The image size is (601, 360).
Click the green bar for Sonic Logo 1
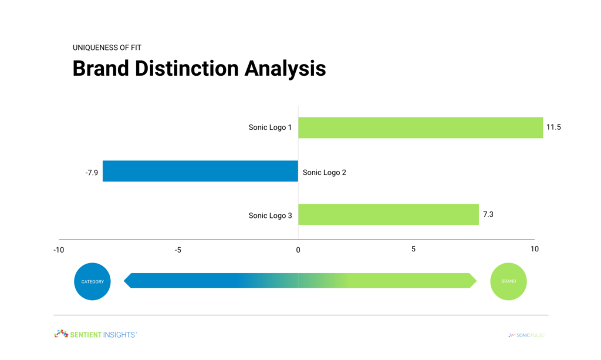pos(420,127)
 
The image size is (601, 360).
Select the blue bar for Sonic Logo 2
pos(201,171)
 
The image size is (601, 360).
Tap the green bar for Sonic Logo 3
pos(389,214)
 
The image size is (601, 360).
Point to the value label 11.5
pos(553,127)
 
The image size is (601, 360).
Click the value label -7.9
pos(92,173)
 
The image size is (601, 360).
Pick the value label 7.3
pos(488,214)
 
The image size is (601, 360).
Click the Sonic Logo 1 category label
pos(270,127)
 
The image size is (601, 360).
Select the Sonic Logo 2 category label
pos(324,173)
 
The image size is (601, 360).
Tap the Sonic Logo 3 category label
pos(270,216)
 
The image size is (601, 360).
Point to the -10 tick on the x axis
pos(59,250)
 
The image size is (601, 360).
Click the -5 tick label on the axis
pos(178,250)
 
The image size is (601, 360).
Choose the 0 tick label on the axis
pos(298,250)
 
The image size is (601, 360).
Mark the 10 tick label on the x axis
pos(534,249)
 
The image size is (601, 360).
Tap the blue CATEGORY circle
pos(92,281)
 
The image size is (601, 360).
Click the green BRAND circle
pos(509,281)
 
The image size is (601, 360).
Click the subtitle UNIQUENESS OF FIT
pos(107,48)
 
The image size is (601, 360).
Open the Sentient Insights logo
pos(96,334)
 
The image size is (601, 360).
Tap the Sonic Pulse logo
pos(526,335)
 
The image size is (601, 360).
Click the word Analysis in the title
pos(285,69)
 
